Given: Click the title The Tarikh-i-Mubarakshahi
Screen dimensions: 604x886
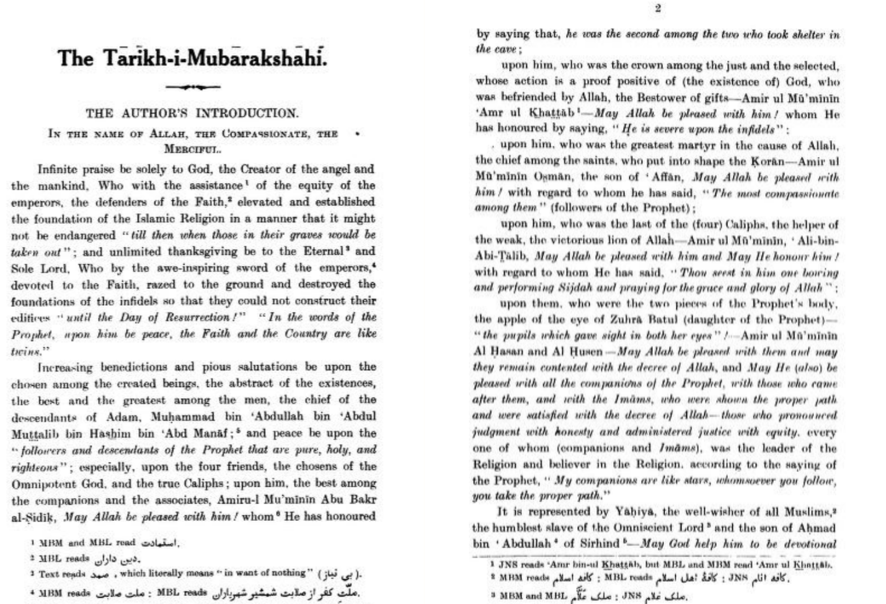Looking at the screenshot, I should [x=192, y=58].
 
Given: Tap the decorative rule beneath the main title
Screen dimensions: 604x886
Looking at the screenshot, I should [x=193, y=87].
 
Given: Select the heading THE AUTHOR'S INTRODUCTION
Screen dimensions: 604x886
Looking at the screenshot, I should [x=192, y=113].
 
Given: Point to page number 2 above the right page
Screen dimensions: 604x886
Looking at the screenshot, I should [x=658, y=8].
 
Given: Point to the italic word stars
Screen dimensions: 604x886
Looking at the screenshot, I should [x=695, y=481].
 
